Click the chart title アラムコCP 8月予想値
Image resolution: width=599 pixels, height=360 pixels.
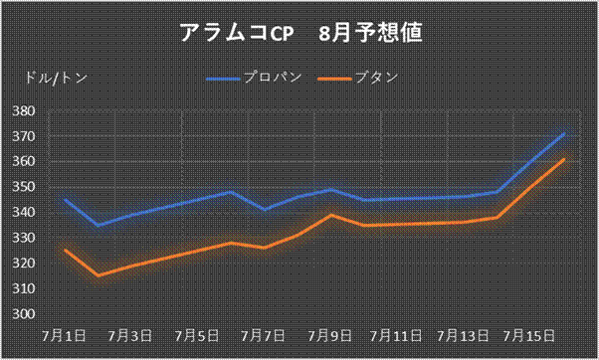point(300,33)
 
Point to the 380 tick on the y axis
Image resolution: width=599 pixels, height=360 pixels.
point(24,111)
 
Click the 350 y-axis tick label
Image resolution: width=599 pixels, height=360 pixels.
point(24,187)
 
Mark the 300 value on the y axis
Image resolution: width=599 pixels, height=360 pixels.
point(24,313)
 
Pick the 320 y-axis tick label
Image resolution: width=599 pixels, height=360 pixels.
point(24,263)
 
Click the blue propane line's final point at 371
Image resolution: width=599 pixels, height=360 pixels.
point(564,133)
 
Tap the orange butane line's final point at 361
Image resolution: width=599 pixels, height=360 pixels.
point(564,159)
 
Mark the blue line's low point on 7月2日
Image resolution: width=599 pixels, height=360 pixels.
point(99,225)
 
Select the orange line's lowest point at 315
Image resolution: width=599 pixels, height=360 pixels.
point(99,275)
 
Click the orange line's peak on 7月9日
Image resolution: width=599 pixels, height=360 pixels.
point(331,215)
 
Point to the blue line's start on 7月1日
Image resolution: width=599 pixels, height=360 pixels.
point(66,200)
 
